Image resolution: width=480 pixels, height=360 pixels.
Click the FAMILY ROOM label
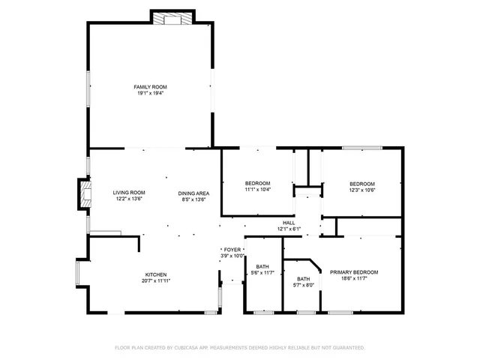point(150,87)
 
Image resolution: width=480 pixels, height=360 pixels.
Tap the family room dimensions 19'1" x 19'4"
point(150,94)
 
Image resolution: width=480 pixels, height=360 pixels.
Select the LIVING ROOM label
point(129,193)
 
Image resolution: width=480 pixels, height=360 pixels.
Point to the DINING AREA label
point(193,193)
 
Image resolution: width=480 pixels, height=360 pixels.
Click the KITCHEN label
point(156,274)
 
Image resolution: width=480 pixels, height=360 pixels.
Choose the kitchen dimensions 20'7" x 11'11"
point(156,281)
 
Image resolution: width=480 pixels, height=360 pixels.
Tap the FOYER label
point(232,249)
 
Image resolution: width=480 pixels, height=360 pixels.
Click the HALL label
point(289,223)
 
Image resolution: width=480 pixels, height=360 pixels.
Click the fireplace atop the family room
point(173,19)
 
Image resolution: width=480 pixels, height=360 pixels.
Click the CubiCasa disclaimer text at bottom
point(239,348)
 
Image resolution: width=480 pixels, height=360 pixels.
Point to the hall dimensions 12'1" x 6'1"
point(289,229)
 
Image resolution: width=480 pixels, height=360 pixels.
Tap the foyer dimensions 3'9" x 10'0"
point(232,256)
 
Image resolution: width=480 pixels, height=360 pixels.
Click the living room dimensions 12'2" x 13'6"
point(129,199)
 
